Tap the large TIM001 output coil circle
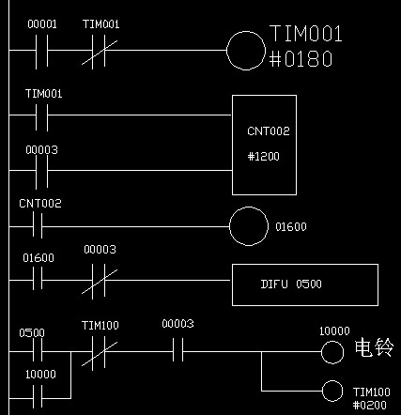point(246,51)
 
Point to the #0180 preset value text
point(301,59)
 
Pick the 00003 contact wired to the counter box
point(42,171)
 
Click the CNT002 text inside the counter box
point(269,131)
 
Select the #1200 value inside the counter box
point(264,156)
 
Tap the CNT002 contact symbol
point(38,226)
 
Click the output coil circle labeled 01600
point(249,226)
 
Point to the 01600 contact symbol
point(38,280)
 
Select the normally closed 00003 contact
point(99,280)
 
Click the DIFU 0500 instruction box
point(305,284)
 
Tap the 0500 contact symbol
point(38,351)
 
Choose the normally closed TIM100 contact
point(99,351)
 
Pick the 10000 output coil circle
point(332,352)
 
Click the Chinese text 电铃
point(374,347)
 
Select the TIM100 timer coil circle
point(332,391)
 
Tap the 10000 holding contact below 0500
point(38,398)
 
